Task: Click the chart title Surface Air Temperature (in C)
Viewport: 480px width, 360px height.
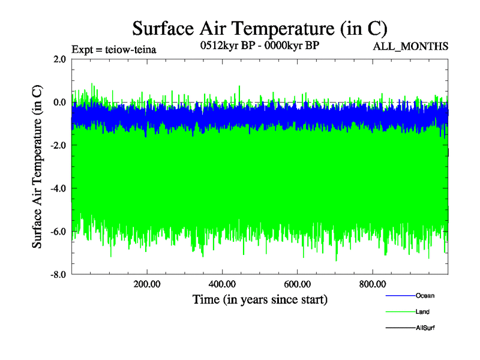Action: tap(259, 28)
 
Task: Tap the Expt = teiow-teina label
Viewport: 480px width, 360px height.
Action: tap(114, 50)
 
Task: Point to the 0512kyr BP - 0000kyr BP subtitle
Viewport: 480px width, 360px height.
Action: tap(259, 46)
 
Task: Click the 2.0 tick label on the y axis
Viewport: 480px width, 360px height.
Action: tap(59, 59)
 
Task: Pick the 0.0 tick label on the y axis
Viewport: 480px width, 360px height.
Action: tap(59, 102)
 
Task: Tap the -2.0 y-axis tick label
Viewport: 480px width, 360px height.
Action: tap(58, 145)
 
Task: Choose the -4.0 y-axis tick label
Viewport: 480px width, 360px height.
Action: tap(58, 188)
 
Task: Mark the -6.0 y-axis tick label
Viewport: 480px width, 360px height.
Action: tap(58, 232)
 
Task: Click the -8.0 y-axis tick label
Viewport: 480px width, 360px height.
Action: tap(58, 275)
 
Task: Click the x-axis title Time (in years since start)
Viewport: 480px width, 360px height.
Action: tap(259, 299)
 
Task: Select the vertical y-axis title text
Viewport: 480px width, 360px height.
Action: tap(37, 167)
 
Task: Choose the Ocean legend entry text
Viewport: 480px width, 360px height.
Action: tap(425, 296)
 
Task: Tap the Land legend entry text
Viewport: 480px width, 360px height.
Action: tap(422, 312)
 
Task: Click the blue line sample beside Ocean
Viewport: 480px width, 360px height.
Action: tap(399, 296)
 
